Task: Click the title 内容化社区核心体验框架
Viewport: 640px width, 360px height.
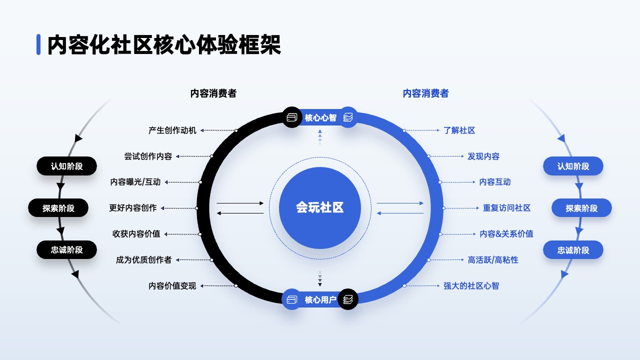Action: click(x=164, y=44)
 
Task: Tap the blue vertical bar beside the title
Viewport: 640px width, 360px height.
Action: click(x=38, y=44)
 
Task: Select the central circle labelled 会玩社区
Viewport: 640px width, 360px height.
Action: click(x=319, y=207)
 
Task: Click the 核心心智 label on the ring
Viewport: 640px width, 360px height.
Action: click(x=320, y=117)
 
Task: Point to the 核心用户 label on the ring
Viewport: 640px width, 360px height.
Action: click(x=320, y=299)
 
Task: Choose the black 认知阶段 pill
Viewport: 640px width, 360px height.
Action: click(x=66, y=166)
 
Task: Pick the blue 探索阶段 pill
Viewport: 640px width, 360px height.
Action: click(x=581, y=208)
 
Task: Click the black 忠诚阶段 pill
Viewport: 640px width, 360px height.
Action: click(x=66, y=250)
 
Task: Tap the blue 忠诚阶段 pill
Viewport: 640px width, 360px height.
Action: click(x=573, y=250)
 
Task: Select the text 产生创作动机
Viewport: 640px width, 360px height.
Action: click(x=172, y=130)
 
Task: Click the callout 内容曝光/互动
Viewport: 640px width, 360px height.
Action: click(x=135, y=182)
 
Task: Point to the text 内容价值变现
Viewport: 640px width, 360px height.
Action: click(x=172, y=285)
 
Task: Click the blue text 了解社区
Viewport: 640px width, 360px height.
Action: click(x=459, y=130)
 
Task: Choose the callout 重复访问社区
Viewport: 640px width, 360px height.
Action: click(x=506, y=208)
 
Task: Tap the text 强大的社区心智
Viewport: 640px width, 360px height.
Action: click(x=471, y=285)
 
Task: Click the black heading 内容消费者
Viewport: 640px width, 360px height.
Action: click(x=213, y=93)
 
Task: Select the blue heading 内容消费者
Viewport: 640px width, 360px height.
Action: click(x=425, y=93)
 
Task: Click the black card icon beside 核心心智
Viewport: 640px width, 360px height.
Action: click(x=291, y=117)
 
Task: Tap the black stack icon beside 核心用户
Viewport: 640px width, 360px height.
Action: click(x=347, y=299)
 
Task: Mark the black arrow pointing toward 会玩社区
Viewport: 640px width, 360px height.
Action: click(x=240, y=203)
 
